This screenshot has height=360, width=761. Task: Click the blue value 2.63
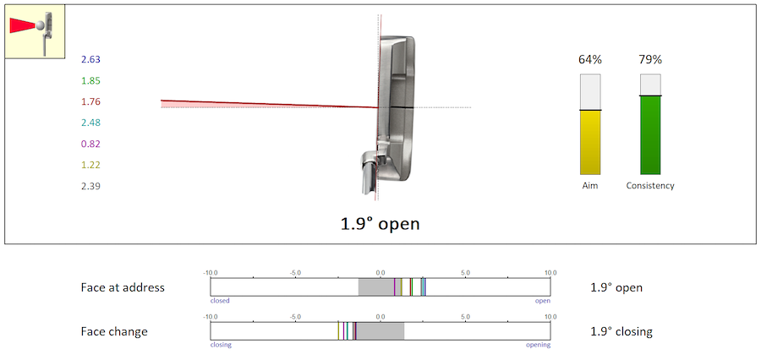click(90, 60)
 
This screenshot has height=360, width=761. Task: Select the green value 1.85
click(90, 80)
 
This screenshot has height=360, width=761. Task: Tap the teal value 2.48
click(90, 123)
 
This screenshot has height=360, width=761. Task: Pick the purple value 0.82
click(90, 145)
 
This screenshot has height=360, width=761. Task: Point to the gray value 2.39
click(90, 186)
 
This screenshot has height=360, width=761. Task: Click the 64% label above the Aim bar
click(590, 60)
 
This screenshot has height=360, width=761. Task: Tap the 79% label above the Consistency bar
click(650, 60)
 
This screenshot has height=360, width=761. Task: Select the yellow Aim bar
click(590, 142)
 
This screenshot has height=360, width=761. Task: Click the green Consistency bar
click(650, 135)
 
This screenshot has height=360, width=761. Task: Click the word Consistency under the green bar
click(650, 186)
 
